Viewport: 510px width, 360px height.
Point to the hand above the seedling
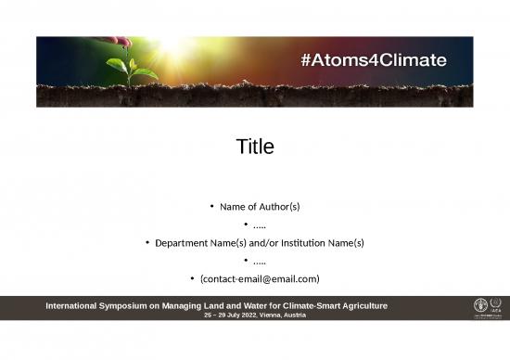click(x=117, y=42)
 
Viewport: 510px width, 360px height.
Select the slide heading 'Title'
click(x=255, y=147)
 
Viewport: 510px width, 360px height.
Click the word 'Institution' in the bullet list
click(x=302, y=243)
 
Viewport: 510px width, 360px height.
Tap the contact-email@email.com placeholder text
click(x=260, y=279)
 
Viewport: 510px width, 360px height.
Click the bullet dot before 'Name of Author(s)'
click(x=211, y=206)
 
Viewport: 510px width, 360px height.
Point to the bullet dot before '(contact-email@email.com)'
click(x=192, y=279)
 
